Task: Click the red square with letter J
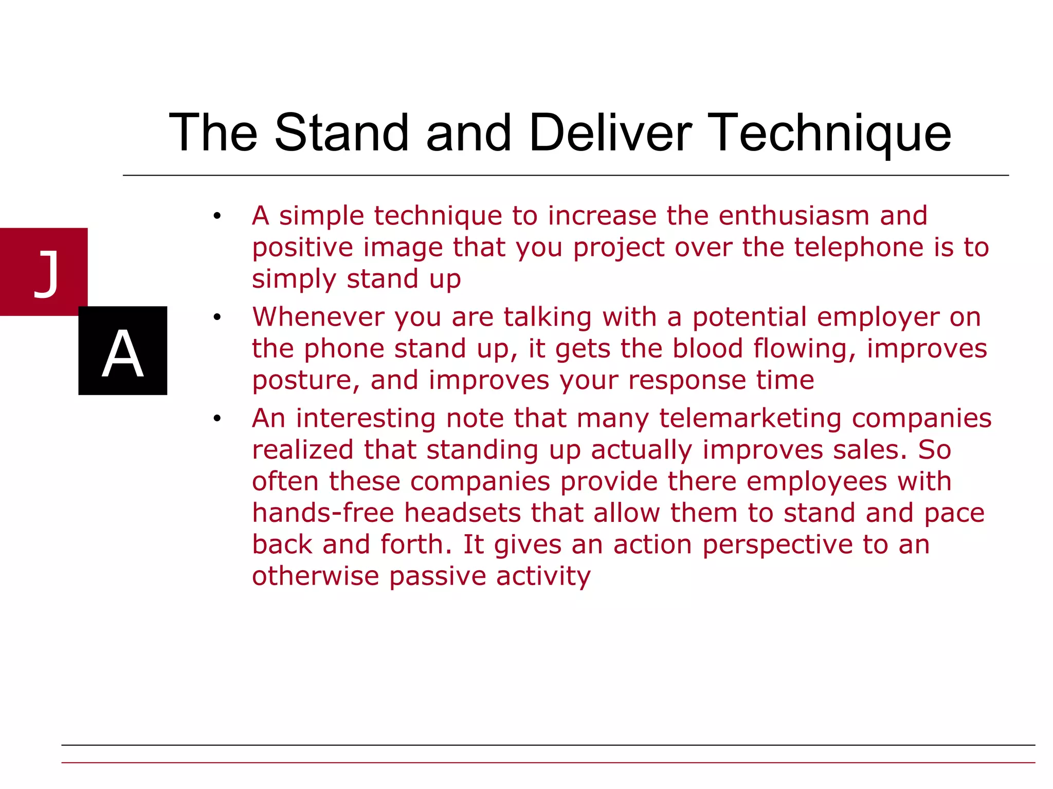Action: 44,272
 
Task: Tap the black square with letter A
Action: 122,351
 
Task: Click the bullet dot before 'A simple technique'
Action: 217,216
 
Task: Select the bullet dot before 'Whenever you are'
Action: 217,317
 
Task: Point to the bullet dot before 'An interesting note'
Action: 217,419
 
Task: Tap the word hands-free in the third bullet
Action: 323,513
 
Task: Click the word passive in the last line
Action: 437,576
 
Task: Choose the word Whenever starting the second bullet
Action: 318,317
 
